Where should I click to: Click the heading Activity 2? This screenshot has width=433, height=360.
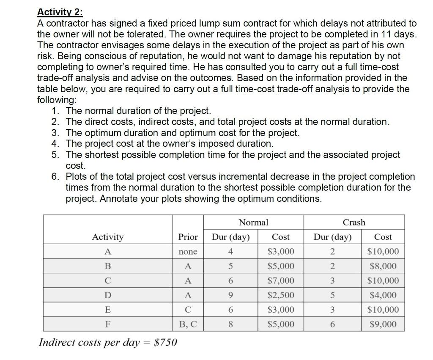coord(60,12)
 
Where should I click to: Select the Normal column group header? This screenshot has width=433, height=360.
coord(253,222)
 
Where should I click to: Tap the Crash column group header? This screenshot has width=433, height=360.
coord(354,222)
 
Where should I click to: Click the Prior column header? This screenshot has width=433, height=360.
coord(188,237)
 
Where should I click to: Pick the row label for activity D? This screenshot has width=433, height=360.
coord(108,295)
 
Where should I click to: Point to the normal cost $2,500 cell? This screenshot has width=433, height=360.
coord(281,295)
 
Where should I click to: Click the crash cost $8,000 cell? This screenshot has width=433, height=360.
coord(383,266)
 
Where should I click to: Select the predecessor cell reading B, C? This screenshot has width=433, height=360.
coord(188,324)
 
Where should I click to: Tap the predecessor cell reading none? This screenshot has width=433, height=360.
coord(188,252)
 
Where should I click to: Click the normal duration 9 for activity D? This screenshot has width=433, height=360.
coord(230,295)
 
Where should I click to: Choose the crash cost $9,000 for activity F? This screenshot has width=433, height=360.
coord(383,324)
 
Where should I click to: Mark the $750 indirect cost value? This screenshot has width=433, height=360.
coord(166,342)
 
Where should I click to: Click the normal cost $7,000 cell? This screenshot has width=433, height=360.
coord(281,280)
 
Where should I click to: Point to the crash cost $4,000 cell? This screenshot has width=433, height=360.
coord(383,295)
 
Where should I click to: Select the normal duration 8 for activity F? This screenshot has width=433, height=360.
coord(230,324)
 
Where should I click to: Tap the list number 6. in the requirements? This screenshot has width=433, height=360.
coord(57,176)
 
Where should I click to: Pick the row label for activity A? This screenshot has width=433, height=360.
coord(108,252)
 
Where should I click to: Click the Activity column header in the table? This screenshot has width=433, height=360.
coord(108,237)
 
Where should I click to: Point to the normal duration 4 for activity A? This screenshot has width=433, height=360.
coord(230,252)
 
